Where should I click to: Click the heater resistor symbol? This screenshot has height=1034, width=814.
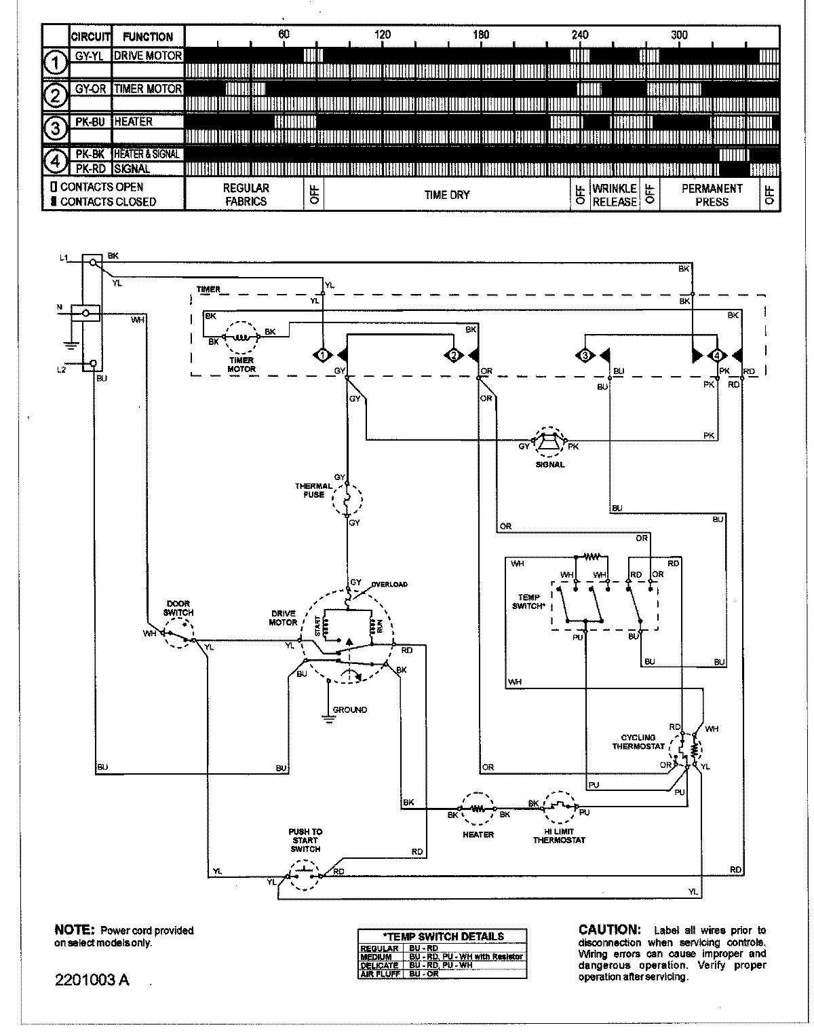click(478, 809)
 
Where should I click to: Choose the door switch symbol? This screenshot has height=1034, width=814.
click(180, 635)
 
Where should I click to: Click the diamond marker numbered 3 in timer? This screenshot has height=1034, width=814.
click(584, 355)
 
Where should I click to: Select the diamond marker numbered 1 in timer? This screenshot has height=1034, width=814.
click(324, 355)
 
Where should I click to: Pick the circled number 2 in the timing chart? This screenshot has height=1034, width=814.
click(56, 96)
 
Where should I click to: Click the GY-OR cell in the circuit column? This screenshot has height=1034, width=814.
click(91, 89)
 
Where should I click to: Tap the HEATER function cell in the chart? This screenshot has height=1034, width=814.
click(148, 122)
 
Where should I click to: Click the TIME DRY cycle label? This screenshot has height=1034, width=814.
click(446, 195)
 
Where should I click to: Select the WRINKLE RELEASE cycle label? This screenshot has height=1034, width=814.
click(615, 195)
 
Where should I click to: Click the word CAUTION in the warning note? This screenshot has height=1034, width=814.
click(608, 929)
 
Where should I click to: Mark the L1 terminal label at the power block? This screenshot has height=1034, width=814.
click(63, 257)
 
